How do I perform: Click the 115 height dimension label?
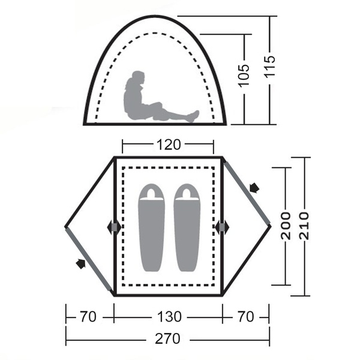click(x=270, y=67)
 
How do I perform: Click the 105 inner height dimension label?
click(x=244, y=76)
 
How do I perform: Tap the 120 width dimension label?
click(x=169, y=145)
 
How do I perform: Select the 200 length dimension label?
click(x=286, y=226)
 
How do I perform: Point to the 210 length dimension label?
click(x=305, y=226)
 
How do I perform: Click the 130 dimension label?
click(x=169, y=317)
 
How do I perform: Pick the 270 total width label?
click(x=167, y=338)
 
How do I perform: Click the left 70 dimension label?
click(x=88, y=317)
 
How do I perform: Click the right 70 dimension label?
click(x=246, y=317)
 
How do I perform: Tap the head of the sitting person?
click(x=138, y=77)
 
